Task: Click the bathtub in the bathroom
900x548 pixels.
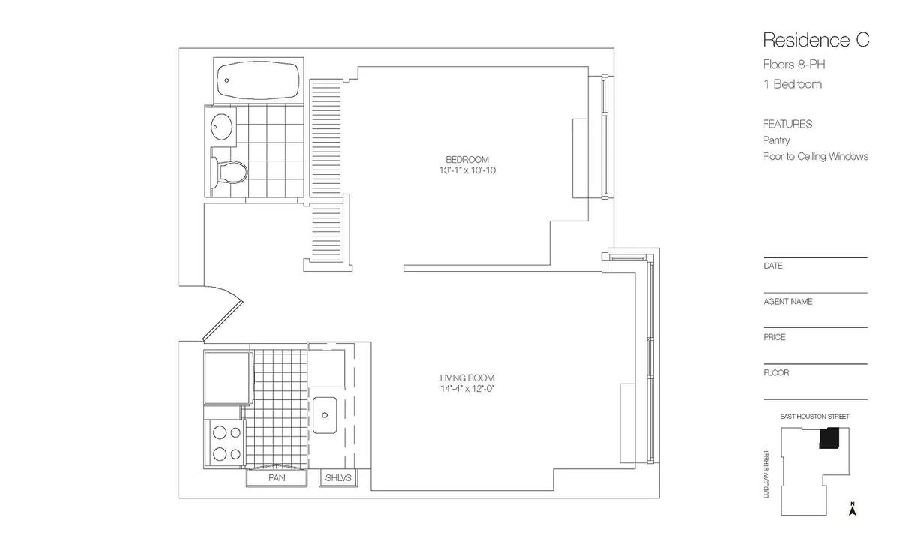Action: (258, 80)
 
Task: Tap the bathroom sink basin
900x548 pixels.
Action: (221, 127)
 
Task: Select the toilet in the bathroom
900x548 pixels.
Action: (229, 172)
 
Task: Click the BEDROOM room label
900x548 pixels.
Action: (466, 160)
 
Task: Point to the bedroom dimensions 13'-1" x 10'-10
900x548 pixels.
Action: (466, 170)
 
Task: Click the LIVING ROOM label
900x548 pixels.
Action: (466, 378)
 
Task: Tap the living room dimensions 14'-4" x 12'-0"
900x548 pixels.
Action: (466, 389)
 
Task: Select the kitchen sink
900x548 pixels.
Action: (325, 415)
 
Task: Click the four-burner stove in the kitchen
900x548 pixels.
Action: (224, 444)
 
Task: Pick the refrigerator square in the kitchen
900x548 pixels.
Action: (228, 377)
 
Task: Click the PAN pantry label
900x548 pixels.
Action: (277, 478)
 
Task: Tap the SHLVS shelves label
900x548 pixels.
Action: (338, 478)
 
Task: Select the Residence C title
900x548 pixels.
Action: (816, 41)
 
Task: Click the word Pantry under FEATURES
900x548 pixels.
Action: (776, 140)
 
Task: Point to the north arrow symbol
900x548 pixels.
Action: (853, 509)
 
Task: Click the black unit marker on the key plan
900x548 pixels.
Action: (829, 438)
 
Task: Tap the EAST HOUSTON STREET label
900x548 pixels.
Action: (814, 417)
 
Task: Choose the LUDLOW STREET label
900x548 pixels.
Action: (766, 474)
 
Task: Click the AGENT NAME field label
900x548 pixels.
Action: (788, 302)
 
